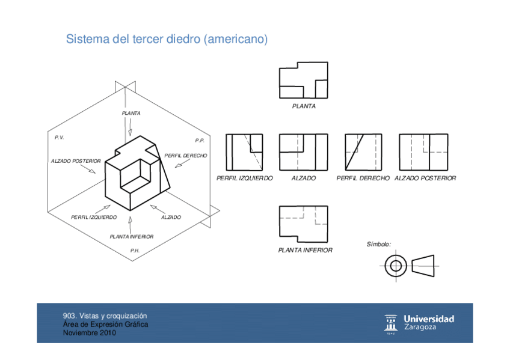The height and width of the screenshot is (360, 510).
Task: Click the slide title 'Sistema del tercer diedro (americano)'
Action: click(167, 40)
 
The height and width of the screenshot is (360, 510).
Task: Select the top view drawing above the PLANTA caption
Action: click(303, 80)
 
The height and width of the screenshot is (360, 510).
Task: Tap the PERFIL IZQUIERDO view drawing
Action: click(244, 152)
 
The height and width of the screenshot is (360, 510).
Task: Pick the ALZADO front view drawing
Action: click(303, 152)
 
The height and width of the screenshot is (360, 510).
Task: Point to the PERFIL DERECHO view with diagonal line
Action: click(363, 152)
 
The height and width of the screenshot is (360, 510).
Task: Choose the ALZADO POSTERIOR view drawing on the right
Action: click(423, 152)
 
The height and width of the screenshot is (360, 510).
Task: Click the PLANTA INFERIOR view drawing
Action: click(303, 223)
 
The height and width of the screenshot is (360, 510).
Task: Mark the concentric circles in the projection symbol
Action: click(395, 265)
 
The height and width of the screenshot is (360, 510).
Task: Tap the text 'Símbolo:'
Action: click(379, 245)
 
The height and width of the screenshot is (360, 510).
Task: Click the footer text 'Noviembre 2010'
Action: click(90, 333)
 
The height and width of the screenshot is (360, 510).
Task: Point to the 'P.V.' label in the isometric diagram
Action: click(59, 138)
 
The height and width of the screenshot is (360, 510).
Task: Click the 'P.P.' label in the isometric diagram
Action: click(200, 141)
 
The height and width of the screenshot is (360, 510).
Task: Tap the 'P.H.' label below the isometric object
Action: click(135, 250)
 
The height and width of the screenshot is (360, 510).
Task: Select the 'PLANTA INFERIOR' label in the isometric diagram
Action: click(131, 237)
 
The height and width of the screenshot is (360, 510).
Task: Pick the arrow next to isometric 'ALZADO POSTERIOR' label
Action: click(90, 170)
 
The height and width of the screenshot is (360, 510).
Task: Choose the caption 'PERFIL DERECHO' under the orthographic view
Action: click(363, 178)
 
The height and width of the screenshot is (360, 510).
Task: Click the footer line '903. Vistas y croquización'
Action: click(105, 316)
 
